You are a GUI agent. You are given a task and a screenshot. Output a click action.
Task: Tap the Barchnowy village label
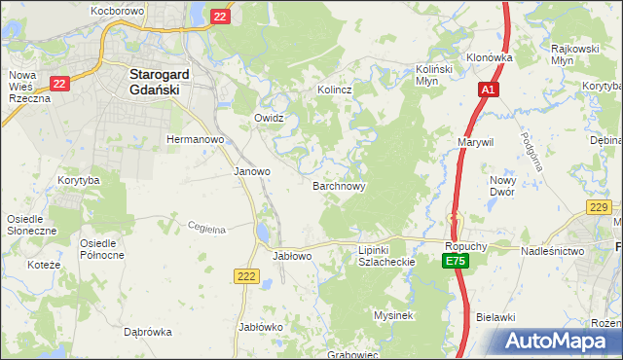tap(339, 185)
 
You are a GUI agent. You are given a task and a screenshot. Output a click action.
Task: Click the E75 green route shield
tap(455, 262)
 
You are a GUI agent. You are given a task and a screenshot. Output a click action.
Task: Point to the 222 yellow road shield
tap(245, 277)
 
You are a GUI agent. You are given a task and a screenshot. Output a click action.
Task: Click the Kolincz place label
tap(334, 90)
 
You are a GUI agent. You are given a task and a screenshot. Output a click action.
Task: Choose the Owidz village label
tap(269, 118)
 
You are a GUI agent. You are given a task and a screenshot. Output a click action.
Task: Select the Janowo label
tap(252, 171)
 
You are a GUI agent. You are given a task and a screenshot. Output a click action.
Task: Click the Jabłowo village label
tap(292, 256)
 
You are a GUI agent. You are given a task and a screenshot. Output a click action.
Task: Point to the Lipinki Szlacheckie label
tap(387, 256)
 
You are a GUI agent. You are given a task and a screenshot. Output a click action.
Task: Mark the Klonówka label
tap(489, 57)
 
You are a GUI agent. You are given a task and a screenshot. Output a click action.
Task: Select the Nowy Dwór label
tap(502, 186)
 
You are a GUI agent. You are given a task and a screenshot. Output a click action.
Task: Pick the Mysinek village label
tap(394, 315)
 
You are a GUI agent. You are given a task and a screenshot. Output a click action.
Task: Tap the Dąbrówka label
tap(148, 332)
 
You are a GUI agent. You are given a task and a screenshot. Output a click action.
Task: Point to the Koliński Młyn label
tap(436, 76)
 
